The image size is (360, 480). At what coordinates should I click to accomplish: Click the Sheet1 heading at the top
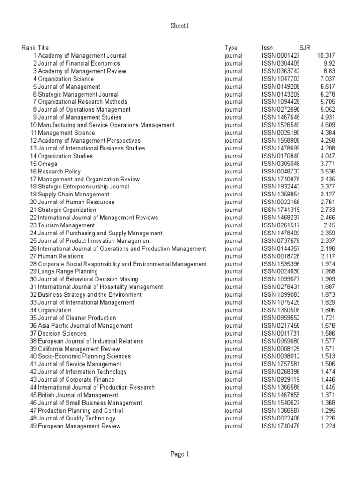(180, 27)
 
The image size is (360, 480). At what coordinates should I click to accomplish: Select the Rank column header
(28, 48)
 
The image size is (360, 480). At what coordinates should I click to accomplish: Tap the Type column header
(231, 48)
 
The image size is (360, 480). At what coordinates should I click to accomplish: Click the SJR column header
(305, 48)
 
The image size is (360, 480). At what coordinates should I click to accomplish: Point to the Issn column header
(267, 48)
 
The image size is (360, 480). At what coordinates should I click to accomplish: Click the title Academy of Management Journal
(82, 56)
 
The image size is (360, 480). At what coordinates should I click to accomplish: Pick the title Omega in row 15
(47, 164)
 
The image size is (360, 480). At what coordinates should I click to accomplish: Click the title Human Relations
(60, 256)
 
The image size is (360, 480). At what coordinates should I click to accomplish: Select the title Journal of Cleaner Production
(77, 318)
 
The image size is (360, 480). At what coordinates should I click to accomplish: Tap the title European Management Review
(79, 426)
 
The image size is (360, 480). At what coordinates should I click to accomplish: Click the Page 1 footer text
(180, 454)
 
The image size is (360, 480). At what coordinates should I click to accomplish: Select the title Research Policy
(59, 172)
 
